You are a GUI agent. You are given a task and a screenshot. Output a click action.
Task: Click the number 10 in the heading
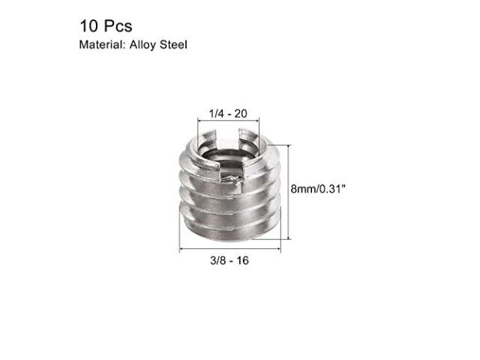(x=88, y=26)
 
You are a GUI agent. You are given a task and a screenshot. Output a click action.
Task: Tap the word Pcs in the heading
(x=118, y=26)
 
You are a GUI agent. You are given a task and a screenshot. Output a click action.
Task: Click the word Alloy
(x=142, y=45)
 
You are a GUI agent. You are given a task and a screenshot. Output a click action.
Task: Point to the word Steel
(x=173, y=45)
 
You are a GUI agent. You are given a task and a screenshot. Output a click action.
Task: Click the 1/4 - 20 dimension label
(x=228, y=114)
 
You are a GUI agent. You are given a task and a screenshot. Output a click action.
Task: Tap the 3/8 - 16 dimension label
(x=229, y=261)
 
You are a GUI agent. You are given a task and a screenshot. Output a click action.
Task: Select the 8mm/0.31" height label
(x=318, y=189)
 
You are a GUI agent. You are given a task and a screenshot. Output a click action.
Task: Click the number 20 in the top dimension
(x=241, y=114)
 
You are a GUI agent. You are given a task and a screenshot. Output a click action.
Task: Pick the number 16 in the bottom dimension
(x=242, y=261)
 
